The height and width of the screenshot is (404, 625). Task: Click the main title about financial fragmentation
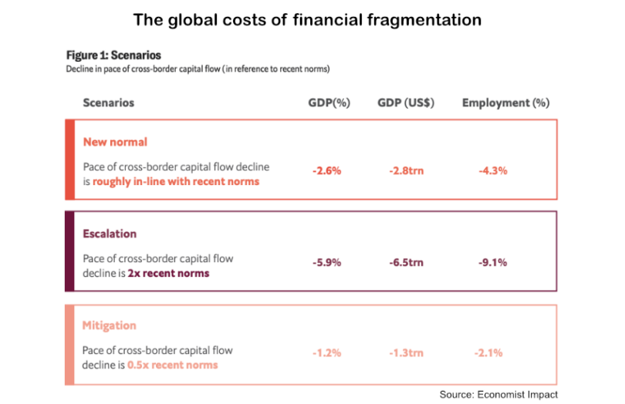tap(307, 20)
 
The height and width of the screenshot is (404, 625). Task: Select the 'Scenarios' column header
tap(108, 103)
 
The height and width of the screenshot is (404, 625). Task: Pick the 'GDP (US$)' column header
tap(406, 103)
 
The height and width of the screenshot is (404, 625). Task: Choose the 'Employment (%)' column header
tap(505, 103)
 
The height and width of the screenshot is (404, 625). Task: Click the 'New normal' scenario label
tap(115, 142)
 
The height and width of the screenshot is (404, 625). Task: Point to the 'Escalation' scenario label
tap(110, 233)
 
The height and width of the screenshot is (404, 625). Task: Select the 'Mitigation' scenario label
tap(110, 325)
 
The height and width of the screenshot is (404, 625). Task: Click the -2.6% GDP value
tap(326, 170)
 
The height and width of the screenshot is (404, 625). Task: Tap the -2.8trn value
tap(407, 170)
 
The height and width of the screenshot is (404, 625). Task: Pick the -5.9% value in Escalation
tap(326, 262)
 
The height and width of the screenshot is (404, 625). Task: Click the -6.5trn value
tap(407, 262)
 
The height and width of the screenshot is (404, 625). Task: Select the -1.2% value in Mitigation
tap(326, 353)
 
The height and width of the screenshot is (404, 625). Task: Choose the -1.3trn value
tap(407, 353)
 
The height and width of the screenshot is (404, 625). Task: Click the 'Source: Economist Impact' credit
tap(498, 394)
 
